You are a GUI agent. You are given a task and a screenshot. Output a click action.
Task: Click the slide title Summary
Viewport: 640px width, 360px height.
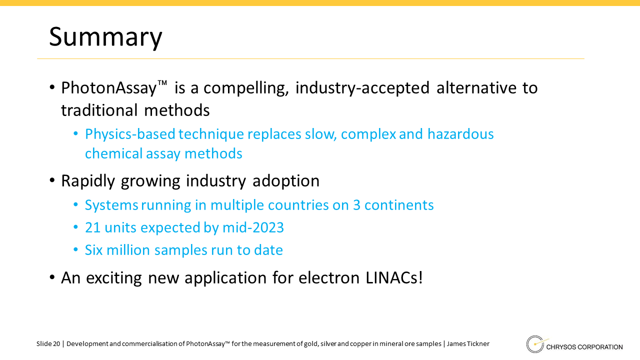(105, 37)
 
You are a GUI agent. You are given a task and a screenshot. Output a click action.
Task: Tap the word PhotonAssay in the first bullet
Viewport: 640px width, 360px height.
(109, 87)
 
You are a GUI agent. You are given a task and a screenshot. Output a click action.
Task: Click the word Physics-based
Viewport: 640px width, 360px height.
(130, 134)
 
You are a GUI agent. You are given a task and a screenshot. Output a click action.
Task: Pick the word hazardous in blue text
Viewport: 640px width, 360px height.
(460, 134)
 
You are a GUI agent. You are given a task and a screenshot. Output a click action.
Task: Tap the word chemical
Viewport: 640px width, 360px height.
(113, 153)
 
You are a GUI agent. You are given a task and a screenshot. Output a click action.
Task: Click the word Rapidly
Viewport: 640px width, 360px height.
(87, 181)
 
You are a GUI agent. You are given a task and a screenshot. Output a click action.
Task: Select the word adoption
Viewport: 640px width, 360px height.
(285, 181)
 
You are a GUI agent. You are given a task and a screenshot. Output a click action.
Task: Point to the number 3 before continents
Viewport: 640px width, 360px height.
(356, 205)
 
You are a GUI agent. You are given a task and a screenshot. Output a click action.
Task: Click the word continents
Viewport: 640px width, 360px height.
(399, 205)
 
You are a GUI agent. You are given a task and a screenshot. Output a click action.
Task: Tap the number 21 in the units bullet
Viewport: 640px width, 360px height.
(92, 227)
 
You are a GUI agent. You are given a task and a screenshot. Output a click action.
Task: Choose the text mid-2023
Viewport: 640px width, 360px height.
(253, 227)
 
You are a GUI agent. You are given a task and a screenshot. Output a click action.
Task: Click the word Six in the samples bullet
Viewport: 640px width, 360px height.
(93, 250)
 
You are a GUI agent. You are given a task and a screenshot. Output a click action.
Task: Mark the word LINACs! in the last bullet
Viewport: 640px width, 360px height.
(394, 277)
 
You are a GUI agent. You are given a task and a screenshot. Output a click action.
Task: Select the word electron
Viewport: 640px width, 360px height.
(329, 277)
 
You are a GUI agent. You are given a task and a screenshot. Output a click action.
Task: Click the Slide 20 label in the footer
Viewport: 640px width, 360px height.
(48, 343)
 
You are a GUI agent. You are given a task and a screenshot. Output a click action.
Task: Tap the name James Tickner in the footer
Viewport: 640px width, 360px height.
(468, 343)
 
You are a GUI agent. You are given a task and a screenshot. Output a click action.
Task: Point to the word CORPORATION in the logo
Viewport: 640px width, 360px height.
(600, 347)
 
